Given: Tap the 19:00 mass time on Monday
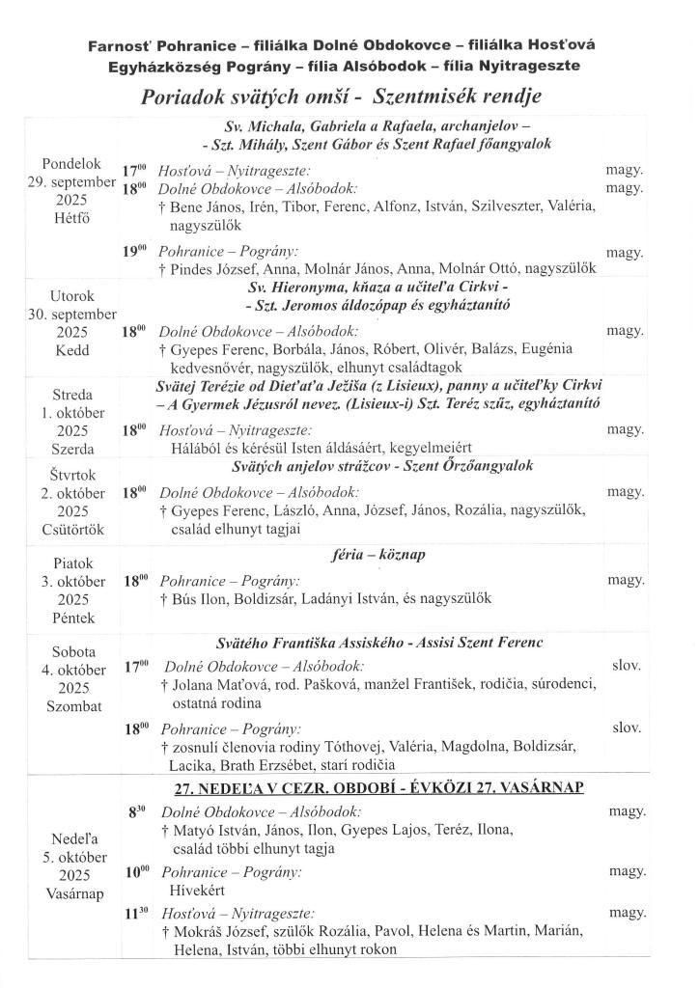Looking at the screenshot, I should click(133, 251).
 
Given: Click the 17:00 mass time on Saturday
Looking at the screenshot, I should click(137, 666).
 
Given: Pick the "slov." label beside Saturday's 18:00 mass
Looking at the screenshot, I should click(627, 727).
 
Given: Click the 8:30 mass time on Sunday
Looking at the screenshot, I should click(136, 812).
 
